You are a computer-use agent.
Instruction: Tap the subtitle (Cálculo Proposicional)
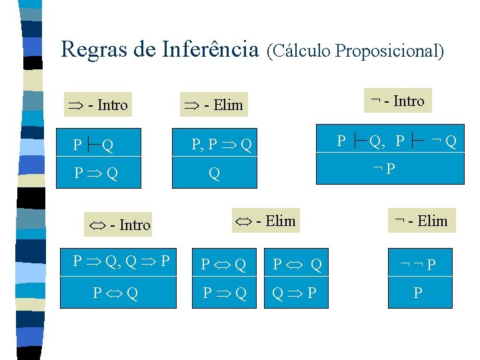pos(355,51)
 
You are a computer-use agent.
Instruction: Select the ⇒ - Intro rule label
pos(97,105)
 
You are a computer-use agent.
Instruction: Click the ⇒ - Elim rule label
pos(213,105)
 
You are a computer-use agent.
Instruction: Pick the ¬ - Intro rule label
pos(398,101)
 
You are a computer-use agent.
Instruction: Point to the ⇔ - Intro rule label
pos(120,225)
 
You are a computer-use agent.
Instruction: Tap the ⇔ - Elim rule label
pos(264,221)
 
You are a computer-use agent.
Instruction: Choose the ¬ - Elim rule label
pos(421,221)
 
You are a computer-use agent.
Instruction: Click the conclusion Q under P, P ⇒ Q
pos(214,174)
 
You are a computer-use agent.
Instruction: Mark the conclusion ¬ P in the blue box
pos(384,168)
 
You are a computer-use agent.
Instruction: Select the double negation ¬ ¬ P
pos(417,265)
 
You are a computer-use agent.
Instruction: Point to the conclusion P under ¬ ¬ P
pos(417,293)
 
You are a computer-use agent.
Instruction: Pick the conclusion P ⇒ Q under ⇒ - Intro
pos(97,174)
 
